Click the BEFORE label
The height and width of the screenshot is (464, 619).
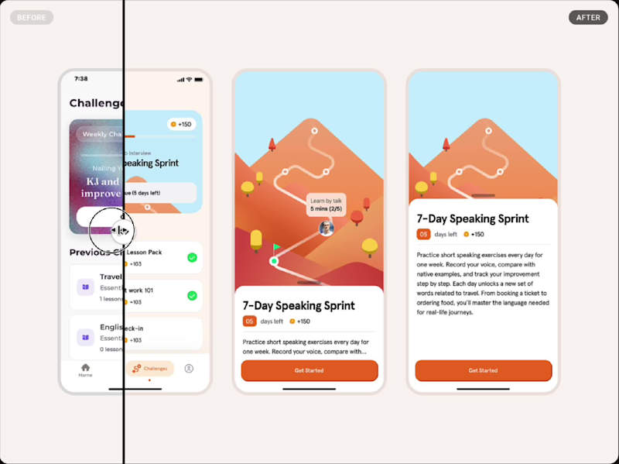(x=31, y=17)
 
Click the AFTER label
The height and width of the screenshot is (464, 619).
(x=588, y=17)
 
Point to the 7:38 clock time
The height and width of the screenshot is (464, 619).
(x=80, y=79)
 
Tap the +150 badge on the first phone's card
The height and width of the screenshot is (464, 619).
(x=182, y=124)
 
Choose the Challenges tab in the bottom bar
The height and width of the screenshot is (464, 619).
(x=150, y=368)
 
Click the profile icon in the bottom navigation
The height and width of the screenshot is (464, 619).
(x=189, y=368)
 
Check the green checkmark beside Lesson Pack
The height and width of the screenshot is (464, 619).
(x=192, y=257)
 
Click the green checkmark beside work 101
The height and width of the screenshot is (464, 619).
(x=192, y=295)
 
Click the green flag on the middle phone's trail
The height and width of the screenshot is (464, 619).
(x=276, y=247)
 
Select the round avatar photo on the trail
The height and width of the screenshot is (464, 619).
(x=326, y=228)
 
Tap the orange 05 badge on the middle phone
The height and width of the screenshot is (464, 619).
(x=249, y=321)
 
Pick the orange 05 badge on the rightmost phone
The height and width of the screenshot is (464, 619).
(x=423, y=234)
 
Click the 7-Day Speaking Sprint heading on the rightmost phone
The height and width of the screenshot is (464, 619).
(x=472, y=218)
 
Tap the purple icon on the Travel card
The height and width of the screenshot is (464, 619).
(x=85, y=287)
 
